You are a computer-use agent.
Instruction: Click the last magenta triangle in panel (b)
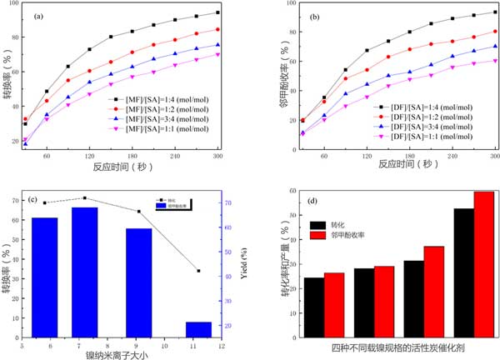click(x=495, y=60)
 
